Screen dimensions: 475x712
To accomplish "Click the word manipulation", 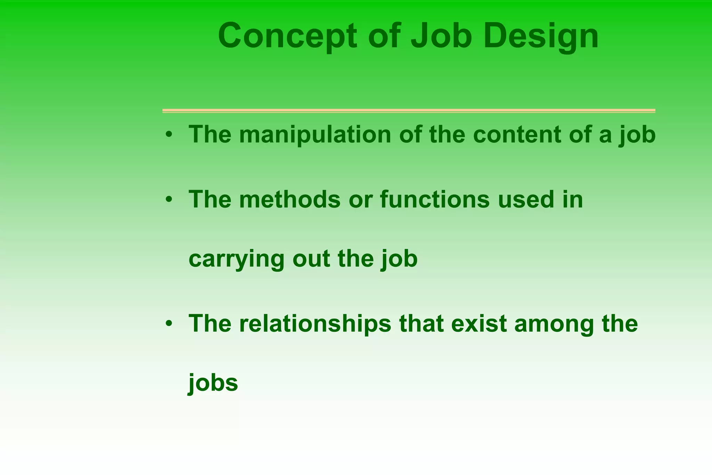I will pyautogui.click(x=315, y=135).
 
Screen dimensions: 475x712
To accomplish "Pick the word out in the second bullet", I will pyautogui.click(x=311, y=259).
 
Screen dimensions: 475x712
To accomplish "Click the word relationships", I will pyautogui.click(x=315, y=324).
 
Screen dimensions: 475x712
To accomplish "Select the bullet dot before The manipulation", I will pyautogui.click(x=169, y=135).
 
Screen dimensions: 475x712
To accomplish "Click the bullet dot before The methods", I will pyautogui.click(x=169, y=200).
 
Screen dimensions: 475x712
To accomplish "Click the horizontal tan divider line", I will pyautogui.click(x=408, y=111).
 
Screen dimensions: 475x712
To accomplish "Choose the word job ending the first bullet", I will pyautogui.click(x=637, y=135).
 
